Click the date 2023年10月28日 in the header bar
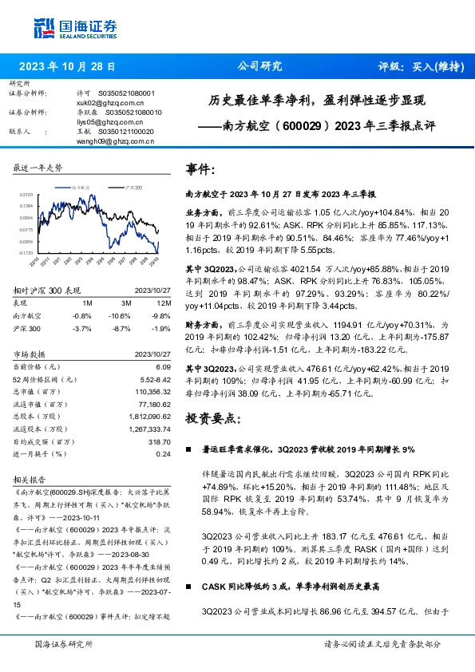coord(66,67)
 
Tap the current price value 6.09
coord(163,366)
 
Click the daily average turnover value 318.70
coord(160,441)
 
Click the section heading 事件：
coord(200,170)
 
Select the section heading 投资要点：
coord(212,417)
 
